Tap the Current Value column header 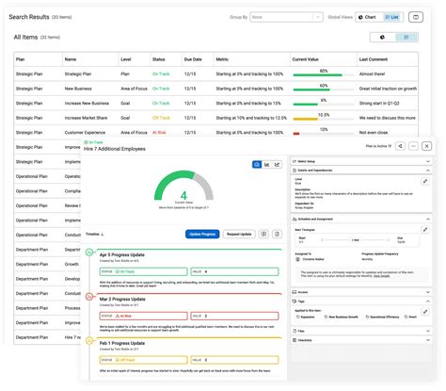tap(308, 58)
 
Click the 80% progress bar tap(321, 73)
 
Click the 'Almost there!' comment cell tap(373, 73)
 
